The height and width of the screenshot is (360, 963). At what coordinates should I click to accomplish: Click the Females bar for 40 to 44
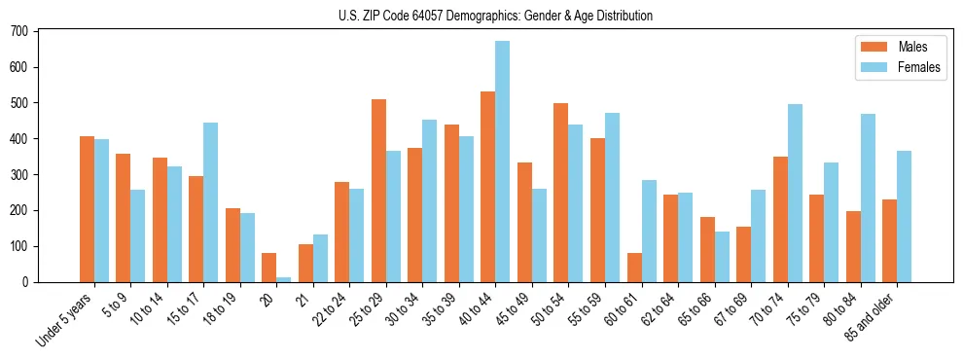click(502, 162)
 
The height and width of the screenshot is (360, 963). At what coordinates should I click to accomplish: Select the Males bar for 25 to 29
click(378, 191)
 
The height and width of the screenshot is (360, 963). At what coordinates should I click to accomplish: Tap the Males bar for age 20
click(268, 268)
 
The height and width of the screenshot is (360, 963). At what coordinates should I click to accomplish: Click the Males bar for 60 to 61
click(634, 268)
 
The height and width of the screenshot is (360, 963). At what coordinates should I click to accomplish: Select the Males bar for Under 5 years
click(87, 209)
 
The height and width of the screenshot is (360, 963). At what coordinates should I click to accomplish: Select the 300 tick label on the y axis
click(25, 174)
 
